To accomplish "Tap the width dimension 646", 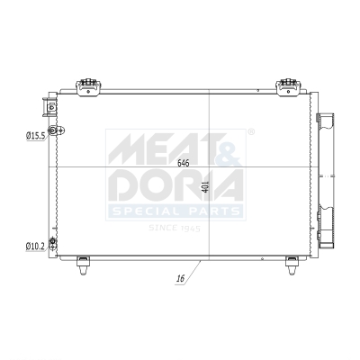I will (184, 163).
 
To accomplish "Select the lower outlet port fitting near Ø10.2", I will (53, 243).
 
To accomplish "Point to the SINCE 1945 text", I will (175, 228).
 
